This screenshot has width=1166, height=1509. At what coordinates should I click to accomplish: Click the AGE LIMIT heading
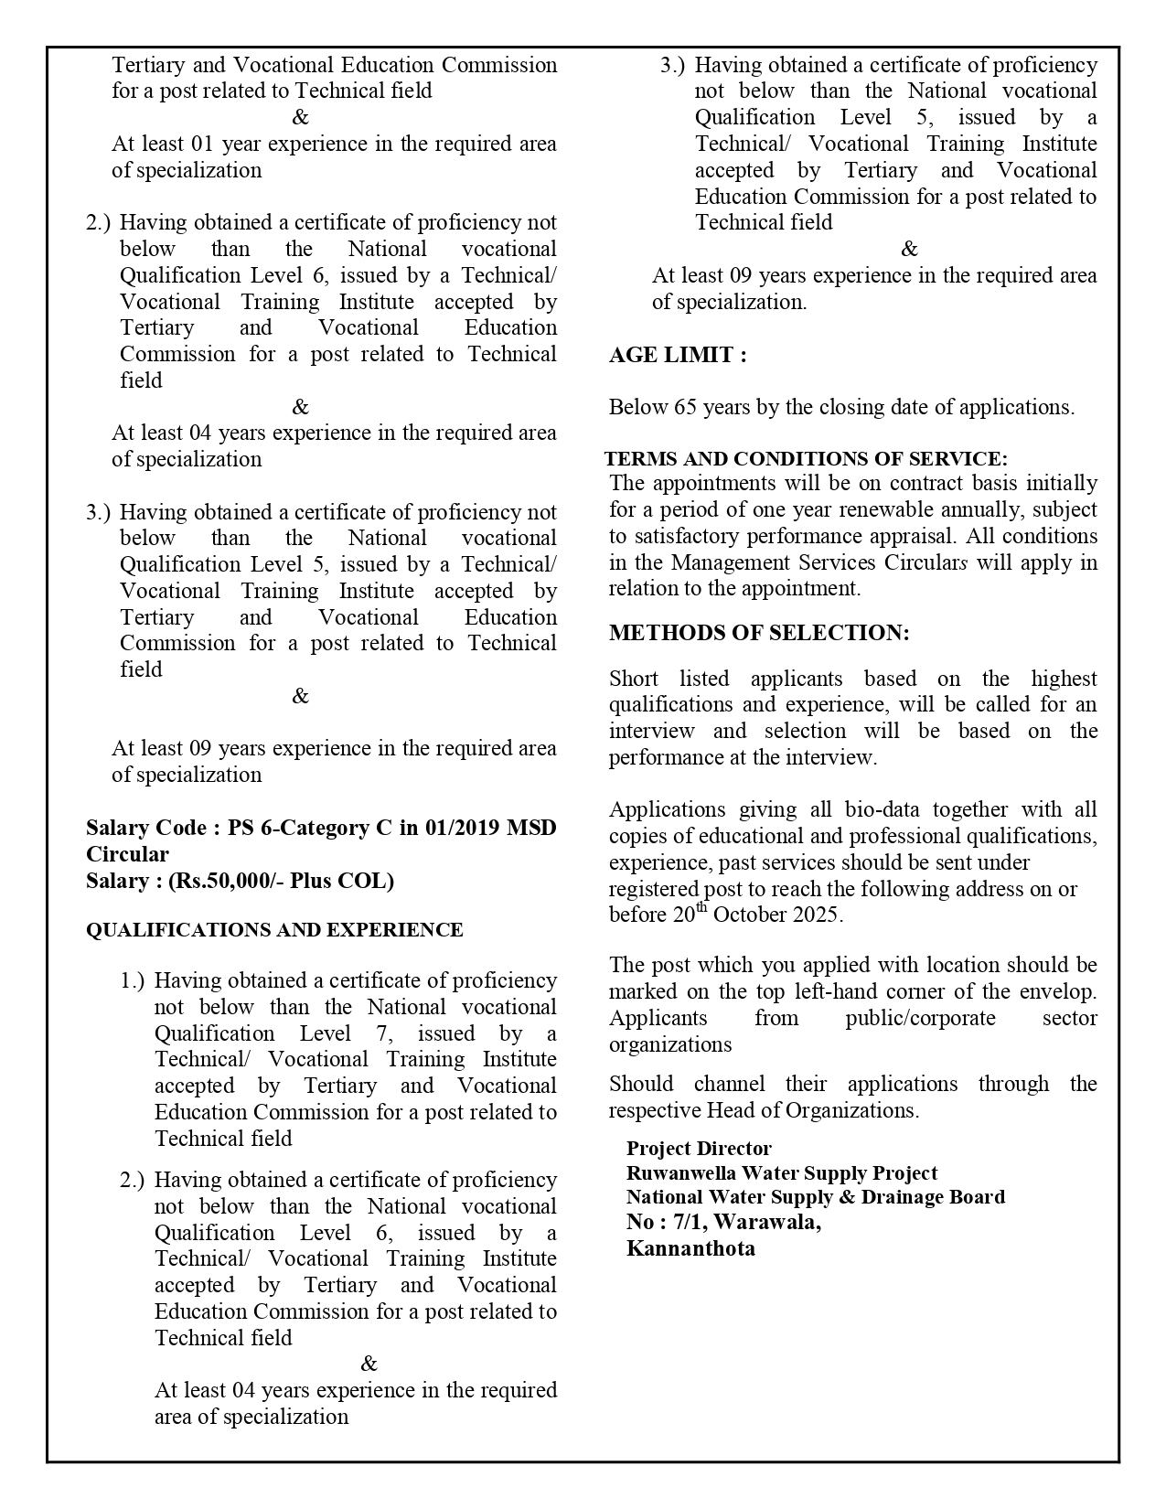[x=678, y=356]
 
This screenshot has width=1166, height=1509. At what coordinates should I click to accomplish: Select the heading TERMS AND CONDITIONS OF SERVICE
[x=806, y=459]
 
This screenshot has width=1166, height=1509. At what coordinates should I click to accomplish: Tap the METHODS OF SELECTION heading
[x=759, y=633]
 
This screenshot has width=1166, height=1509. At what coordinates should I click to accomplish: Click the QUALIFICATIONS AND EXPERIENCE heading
[x=274, y=930]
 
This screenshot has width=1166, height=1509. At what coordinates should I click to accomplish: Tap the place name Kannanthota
[x=690, y=1248]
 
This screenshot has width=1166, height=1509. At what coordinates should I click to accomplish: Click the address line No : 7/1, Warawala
[x=723, y=1223]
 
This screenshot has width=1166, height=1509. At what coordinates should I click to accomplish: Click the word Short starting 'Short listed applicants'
[x=634, y=679]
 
